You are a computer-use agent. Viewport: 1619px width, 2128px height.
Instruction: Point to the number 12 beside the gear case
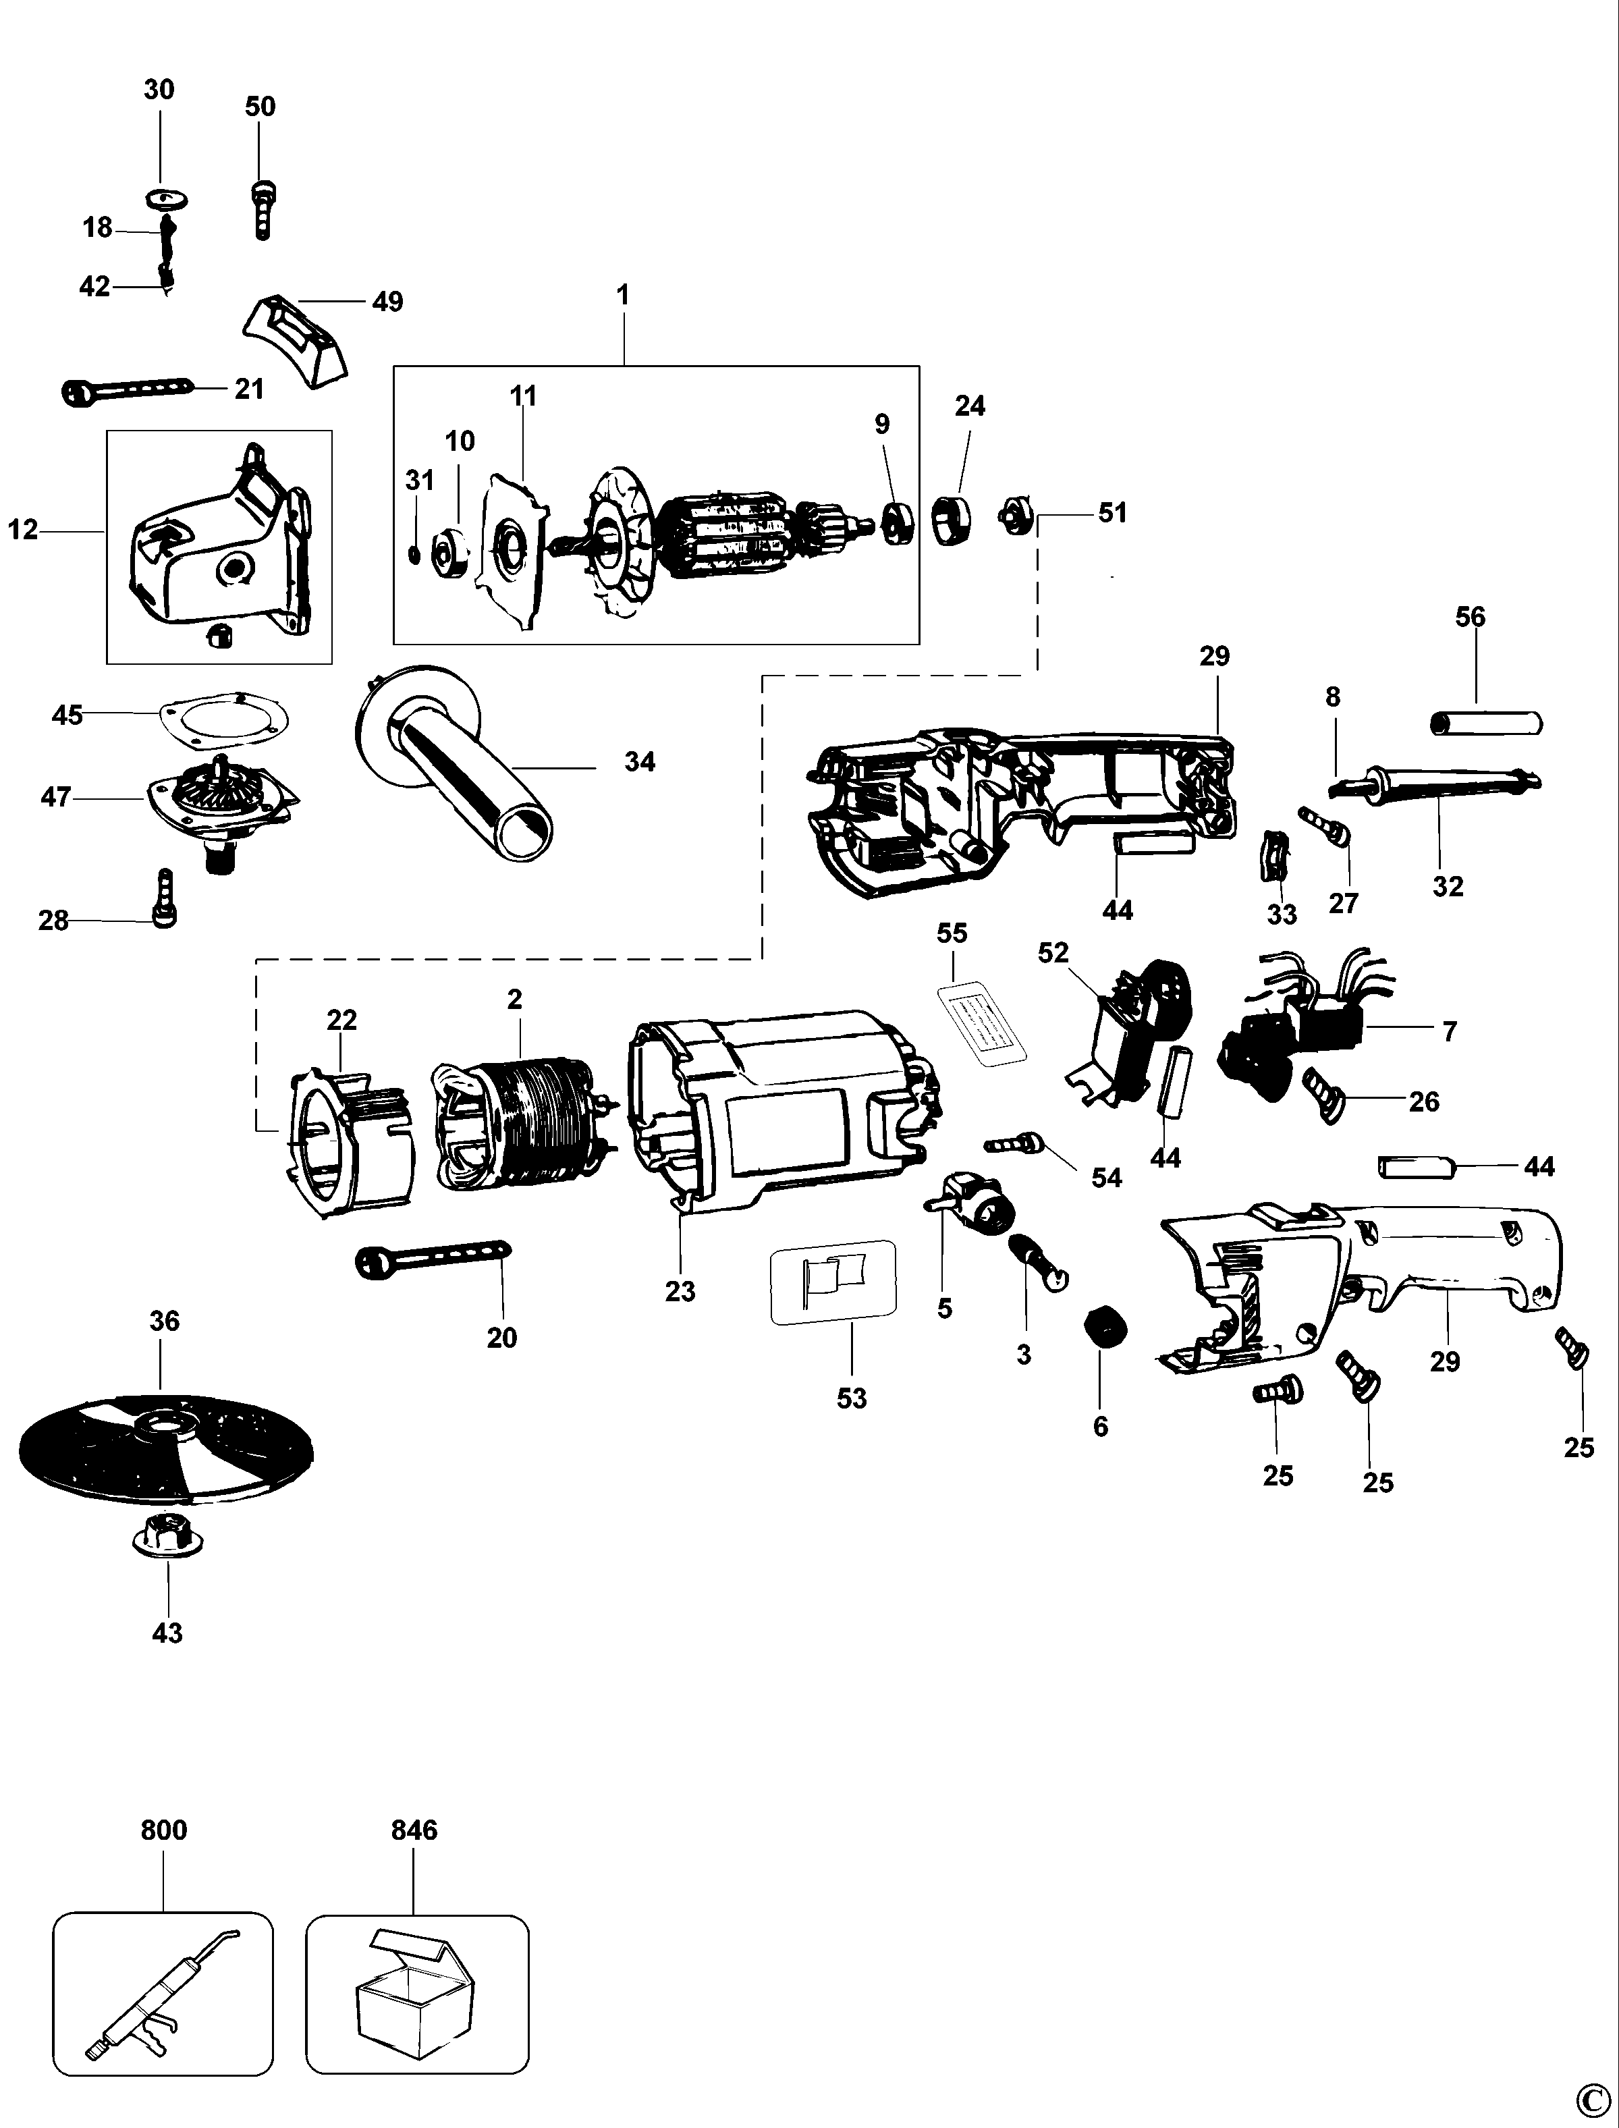[23, 529]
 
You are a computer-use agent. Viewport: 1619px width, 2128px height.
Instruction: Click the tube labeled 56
[1484, 722]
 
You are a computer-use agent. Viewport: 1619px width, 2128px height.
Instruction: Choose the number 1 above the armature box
[624, 295]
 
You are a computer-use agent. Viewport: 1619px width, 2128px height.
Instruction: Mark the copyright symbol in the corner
[1593, 2104]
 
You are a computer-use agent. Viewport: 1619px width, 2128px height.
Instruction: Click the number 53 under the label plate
[852, 1398]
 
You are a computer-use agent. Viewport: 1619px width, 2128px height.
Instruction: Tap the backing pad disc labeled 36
[164, 1445]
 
